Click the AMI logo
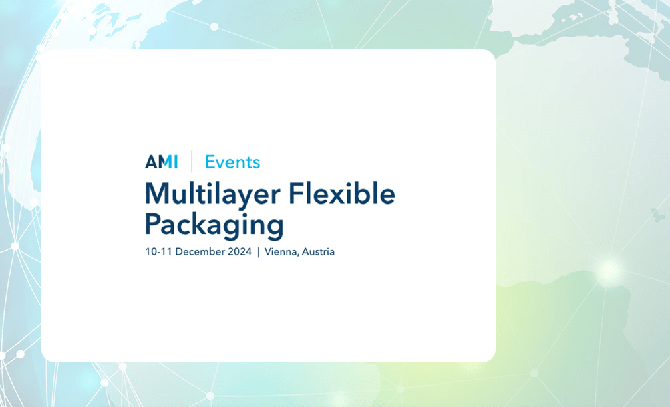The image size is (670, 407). point(162,162)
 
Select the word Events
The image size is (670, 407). point(232,162)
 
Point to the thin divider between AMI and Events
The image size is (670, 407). point(192,162)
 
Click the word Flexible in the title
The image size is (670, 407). point(341,194)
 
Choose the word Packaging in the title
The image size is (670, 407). point(214,225)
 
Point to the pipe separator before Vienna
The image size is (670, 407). point(258,252)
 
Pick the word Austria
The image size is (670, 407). point(319,252)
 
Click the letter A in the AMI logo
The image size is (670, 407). point(151,162)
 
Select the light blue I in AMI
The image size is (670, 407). point(176,162)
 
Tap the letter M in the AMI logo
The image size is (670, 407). point(164,162)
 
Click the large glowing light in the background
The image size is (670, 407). point(609,271)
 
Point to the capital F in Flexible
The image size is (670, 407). point(295,194)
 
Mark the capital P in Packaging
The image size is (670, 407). point(153,223)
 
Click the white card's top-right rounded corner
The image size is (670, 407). point(488,56)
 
